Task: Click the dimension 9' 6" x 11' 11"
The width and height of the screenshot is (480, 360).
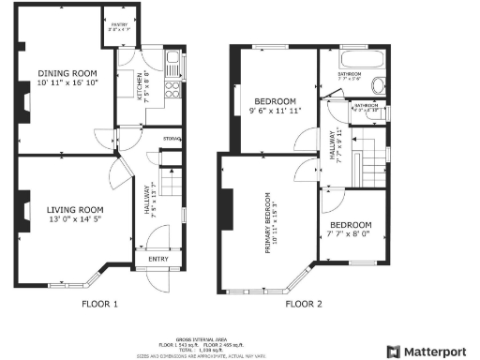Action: pos(273,112)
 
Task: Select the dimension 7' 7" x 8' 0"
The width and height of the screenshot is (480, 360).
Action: pos(349,236)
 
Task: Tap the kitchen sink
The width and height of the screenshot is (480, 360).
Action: pos(172,64)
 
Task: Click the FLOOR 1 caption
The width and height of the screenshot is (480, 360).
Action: pos(99,304)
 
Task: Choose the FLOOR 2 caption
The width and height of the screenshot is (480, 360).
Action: pos(303,304)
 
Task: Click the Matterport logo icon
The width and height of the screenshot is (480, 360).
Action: pos(394,352)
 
